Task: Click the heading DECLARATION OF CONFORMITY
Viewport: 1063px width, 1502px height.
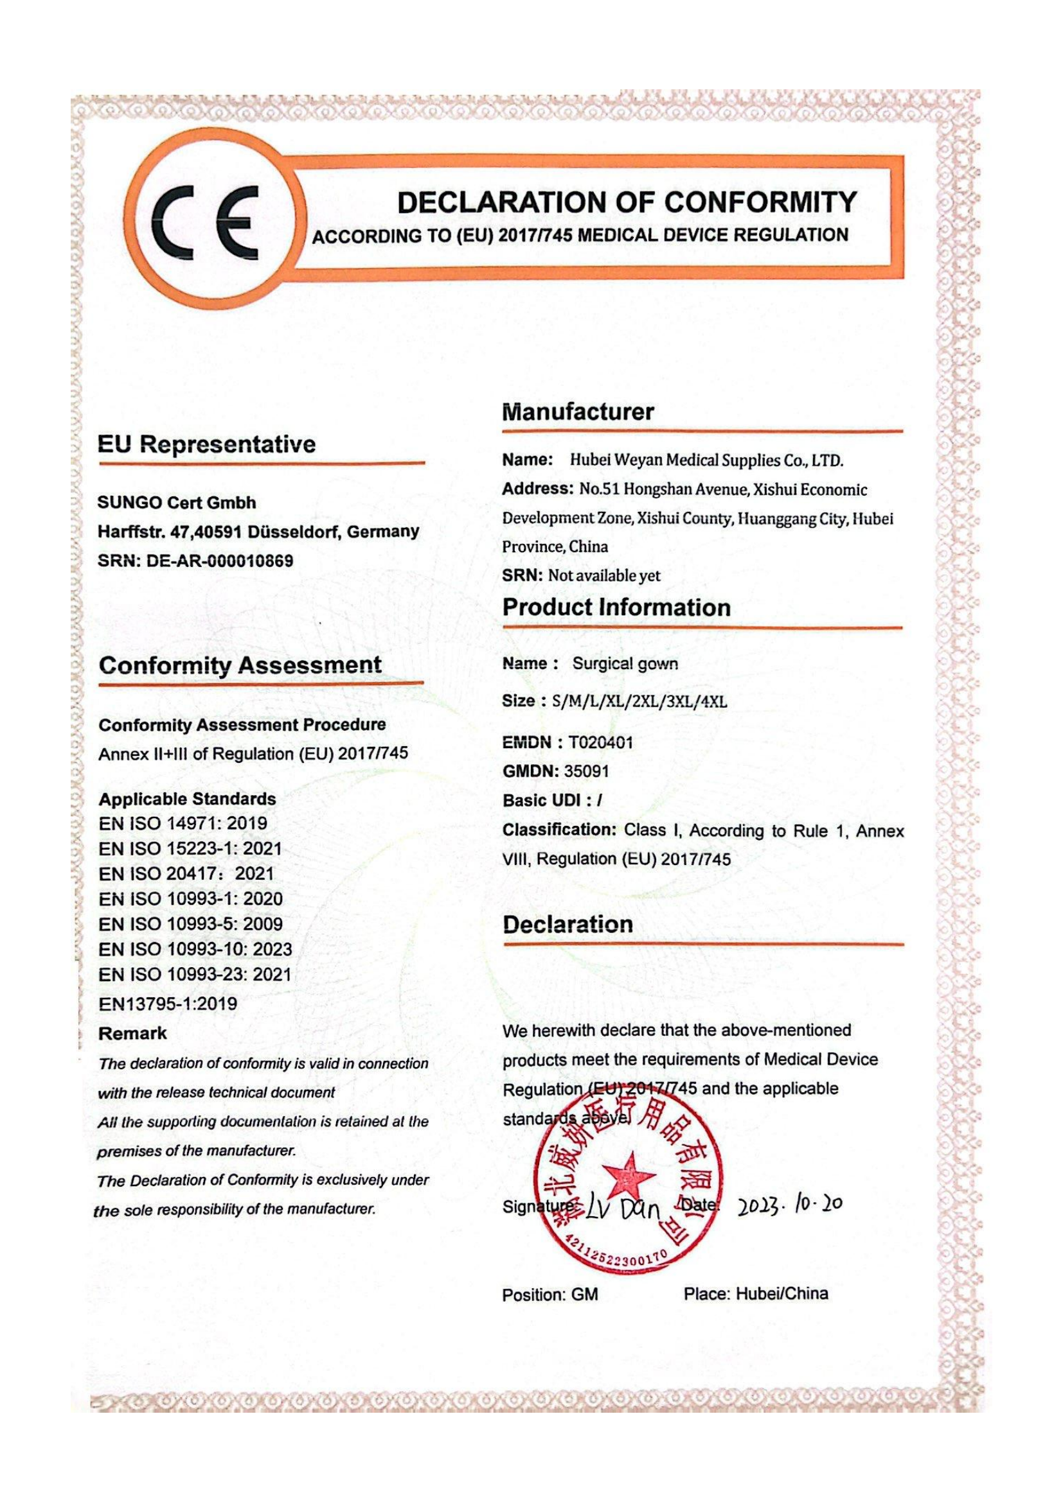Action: (x=627, y=202)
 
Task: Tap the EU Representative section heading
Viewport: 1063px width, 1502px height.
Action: (x=206, y=445)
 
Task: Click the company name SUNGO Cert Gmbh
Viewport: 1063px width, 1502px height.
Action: (x=177, y=502)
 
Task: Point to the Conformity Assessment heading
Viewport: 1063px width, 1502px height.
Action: (x=240, y=665)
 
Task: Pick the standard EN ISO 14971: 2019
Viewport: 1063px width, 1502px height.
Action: (x=183, y=823)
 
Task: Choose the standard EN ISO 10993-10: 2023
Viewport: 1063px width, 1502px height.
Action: (x=195, y=948)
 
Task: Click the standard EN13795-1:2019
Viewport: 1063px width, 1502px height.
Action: (x=168, y=1004)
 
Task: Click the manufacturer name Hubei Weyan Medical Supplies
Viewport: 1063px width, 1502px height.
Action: (x=706, y=460)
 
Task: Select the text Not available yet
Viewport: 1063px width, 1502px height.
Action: (x=603, y=575)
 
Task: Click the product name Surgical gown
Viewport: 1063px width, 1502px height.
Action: (x=625, y=663)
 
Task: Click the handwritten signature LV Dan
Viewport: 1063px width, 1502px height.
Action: (x=623, y=1210)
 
